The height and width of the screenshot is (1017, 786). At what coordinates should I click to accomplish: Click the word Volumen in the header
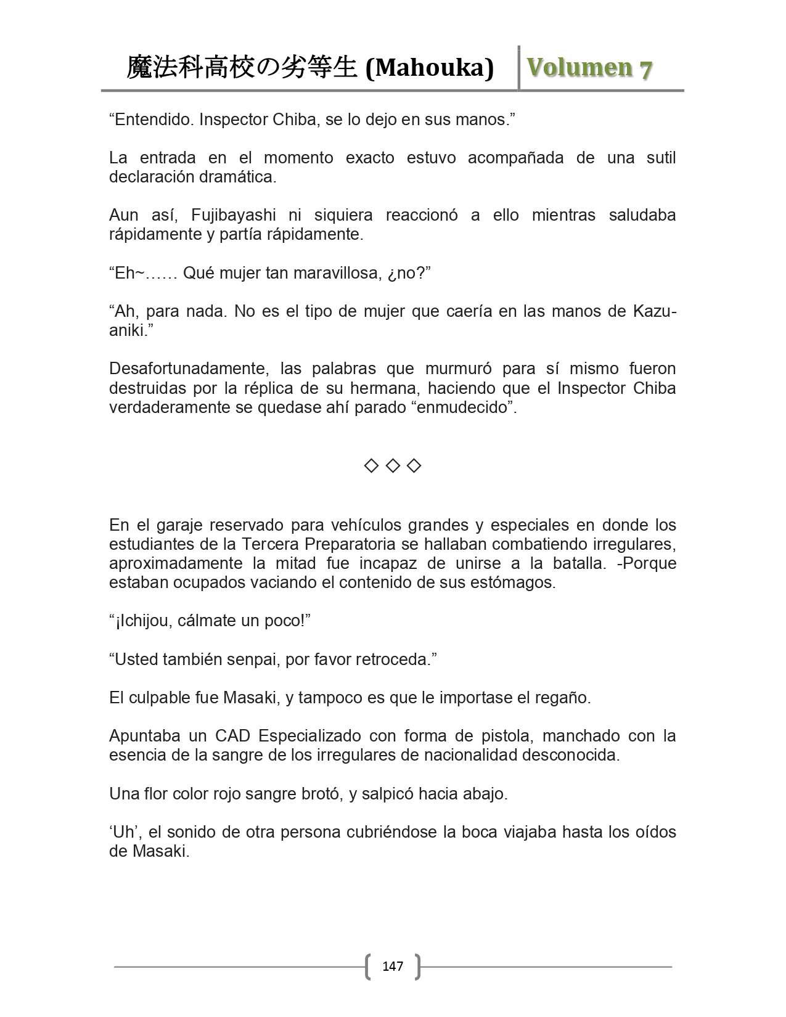click(579, 67)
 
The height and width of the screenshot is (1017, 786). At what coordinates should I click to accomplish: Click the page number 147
click(393, 966)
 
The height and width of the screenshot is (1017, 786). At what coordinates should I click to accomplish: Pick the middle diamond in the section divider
click(393, 465)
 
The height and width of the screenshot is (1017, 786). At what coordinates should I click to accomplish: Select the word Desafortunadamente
click(188, 369)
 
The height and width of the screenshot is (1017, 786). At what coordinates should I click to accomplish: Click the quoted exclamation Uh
click(123, 832)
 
